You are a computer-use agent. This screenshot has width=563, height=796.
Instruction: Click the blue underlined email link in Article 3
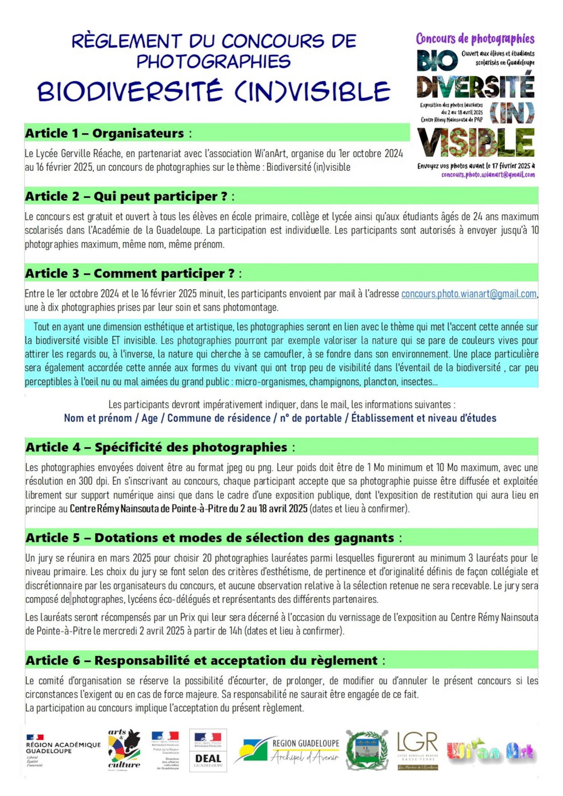[468, 294]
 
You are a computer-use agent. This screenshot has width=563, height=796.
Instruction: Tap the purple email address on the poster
[488, 175]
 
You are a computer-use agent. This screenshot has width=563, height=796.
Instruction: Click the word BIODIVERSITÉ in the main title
[130, 92]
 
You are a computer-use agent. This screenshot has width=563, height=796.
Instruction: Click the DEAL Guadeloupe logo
[208, 751]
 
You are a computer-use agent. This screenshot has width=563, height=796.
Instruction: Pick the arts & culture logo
[124, 749]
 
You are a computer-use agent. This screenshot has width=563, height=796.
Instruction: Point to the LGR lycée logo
[417, 750]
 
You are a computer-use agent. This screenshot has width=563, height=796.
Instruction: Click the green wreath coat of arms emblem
[367, 750]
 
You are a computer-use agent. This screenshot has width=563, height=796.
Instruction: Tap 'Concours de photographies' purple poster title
[475, 39]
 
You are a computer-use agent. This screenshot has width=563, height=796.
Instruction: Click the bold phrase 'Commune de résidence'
[219, 418]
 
